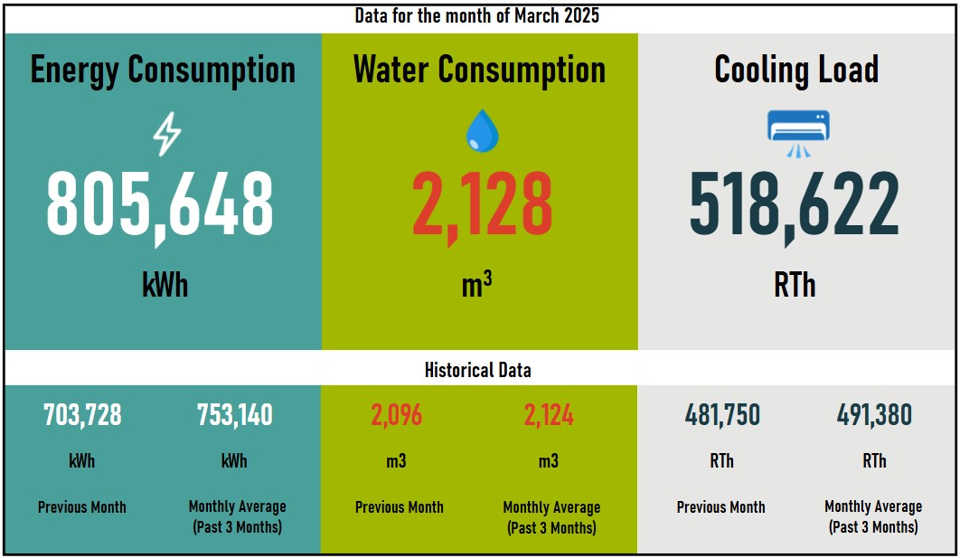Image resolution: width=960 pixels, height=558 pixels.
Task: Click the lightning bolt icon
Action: click(x=166, y=136)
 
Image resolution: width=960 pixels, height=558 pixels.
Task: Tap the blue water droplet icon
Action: click(x=481, y=131)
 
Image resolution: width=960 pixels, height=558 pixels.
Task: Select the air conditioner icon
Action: click(x=797, y=132)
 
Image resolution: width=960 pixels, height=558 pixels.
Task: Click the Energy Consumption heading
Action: click(x=163, y=70)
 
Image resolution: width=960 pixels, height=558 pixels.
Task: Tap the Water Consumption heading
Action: click(x=479, y=70)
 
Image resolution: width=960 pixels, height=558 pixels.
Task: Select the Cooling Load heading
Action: click(x=796, y=70)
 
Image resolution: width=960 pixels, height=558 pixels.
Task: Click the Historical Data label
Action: click(x=477, y=370)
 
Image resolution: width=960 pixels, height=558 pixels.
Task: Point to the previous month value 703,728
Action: click(x=82, y=415)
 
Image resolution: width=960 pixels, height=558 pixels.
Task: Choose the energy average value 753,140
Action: click(x=235, y=415)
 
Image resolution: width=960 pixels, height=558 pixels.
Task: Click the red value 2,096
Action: click(x=396, y=415)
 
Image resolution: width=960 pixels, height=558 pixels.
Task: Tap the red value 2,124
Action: click(x=549, y=415)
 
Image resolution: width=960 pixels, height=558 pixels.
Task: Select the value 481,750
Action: click(x=722, y=415)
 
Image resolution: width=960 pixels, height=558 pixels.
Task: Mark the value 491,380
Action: click(x=874, y=415)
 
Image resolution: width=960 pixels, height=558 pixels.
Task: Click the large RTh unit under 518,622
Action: click(x=795, y=285)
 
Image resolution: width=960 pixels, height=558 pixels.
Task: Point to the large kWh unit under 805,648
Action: click(x=165, y=285)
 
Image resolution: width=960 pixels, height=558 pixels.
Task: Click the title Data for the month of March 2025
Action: click(x=476, y=16)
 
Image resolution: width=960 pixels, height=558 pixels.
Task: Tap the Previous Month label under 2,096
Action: click(x=400, y=507)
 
